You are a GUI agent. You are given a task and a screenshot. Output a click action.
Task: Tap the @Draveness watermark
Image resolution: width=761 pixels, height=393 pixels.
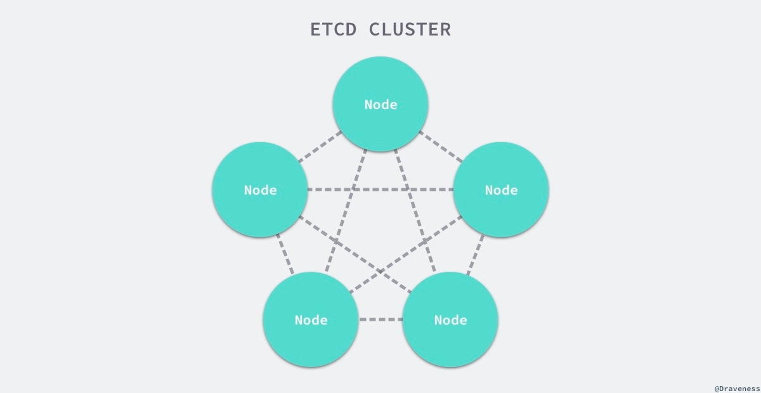coord(736,387)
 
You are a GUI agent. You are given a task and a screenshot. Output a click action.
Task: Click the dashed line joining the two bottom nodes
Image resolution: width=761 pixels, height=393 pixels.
coord(380,319)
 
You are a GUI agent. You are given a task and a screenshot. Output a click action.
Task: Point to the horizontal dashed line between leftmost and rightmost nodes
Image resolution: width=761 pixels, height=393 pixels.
coord(380,190)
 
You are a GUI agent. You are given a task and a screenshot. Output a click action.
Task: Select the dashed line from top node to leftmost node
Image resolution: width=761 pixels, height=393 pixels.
coord(320,147)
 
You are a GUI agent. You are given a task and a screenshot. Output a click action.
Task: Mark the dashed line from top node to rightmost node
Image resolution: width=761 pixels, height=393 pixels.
coord(441,147)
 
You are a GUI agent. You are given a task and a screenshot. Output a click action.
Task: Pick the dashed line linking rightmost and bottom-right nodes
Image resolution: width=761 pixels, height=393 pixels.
coord(476,255)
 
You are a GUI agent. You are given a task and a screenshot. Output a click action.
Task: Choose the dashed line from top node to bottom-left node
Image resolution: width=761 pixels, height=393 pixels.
coord(346,212)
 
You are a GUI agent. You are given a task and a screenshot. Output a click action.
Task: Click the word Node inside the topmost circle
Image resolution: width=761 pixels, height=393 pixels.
coord(380,105)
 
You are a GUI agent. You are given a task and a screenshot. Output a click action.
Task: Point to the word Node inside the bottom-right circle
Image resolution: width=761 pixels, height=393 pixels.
coord(450,320)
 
